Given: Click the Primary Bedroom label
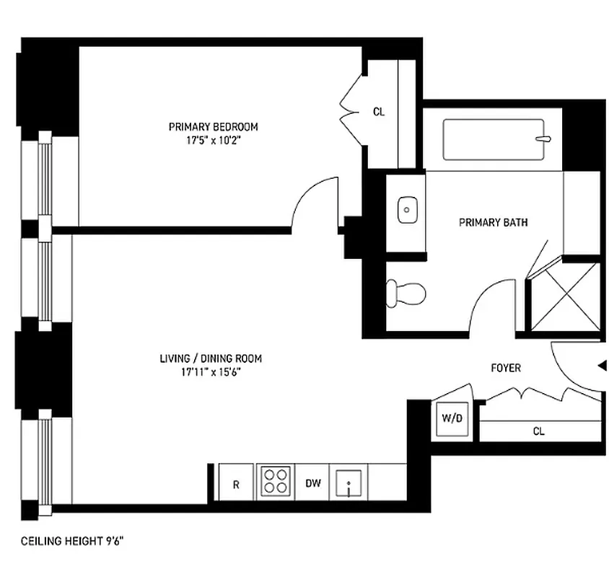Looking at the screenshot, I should click(x=213, y=127).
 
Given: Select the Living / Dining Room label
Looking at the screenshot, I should click(x=210, y=358).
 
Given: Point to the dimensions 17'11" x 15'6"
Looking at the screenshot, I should click(x=210, y=372).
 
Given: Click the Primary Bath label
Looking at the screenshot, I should click(x=493, y=222).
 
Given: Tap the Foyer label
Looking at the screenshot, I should click(x=505, y=368).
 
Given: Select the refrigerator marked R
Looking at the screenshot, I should click(x=235, y=484).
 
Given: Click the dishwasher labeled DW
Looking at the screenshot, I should click(x=312, y=483).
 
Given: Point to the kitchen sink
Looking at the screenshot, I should click(x=349, y=482).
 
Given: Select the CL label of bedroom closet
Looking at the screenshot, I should click(x=379, y=112).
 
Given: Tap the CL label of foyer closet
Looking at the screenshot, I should click(x=538, y=431).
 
